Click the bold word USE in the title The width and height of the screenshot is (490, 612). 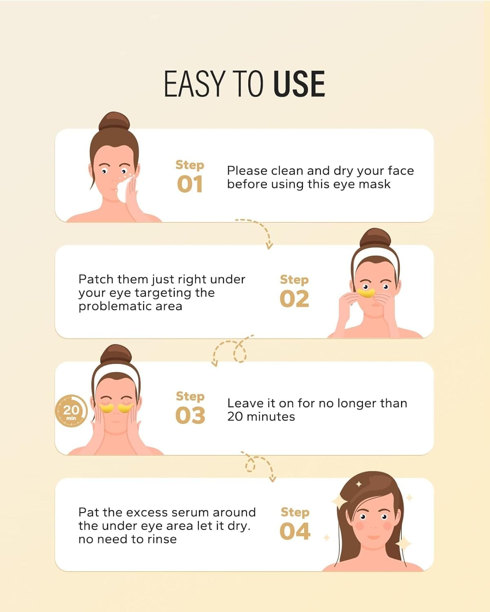299,84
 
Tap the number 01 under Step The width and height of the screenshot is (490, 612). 189,184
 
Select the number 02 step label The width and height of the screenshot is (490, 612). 294,299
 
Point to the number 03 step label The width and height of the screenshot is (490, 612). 190,415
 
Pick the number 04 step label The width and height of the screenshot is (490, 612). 295,532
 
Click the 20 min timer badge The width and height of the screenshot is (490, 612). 71,411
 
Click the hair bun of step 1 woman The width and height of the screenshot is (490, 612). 114,122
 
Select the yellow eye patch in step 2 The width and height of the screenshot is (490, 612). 366,293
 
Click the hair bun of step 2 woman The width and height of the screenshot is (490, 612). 375,238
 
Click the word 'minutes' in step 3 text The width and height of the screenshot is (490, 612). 271,417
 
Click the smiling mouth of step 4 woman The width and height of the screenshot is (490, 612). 374,537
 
